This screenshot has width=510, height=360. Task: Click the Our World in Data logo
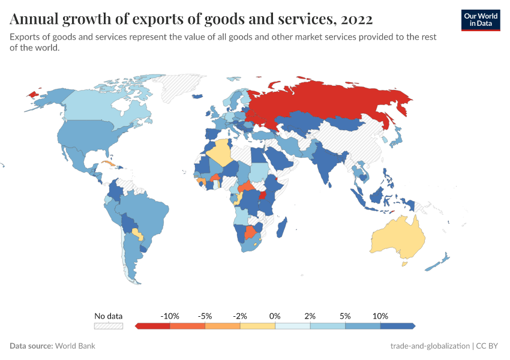[480, 20]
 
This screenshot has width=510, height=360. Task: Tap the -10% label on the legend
[170, 316]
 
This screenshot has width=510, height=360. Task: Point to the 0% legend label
[275, 316]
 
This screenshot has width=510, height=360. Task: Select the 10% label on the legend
[380, 316]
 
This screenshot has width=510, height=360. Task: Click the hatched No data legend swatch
[108, 326]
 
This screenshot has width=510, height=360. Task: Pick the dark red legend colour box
[154, 326]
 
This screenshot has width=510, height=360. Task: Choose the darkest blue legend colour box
[397, 326]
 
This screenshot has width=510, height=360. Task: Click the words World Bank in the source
[75, 346]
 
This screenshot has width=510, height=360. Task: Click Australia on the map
[397, 237]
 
